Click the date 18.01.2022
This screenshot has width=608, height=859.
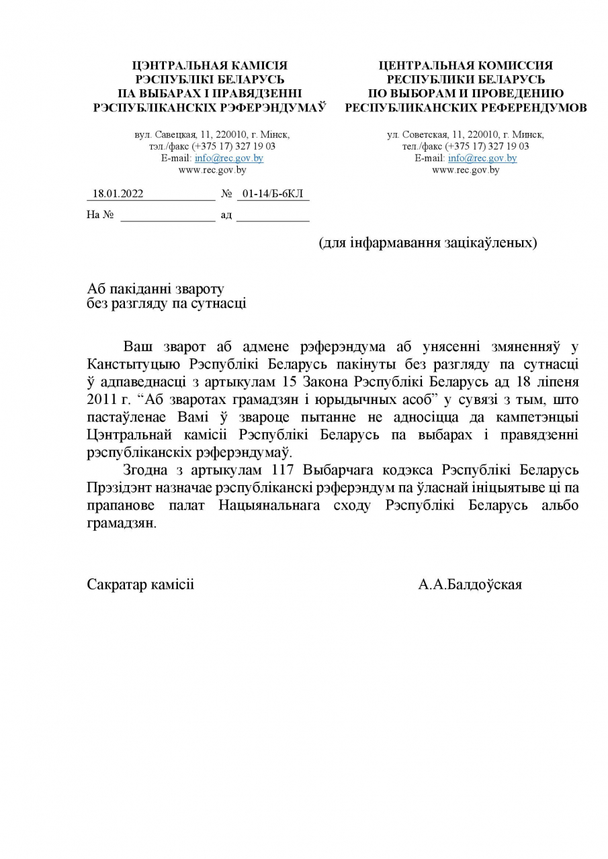click(118, 194)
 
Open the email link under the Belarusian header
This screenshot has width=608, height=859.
click(228, 158)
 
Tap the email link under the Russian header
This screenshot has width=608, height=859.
click(482, 158)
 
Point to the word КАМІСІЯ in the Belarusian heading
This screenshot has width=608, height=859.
click(259, 65)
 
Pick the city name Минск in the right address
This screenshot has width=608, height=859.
click(530, 134)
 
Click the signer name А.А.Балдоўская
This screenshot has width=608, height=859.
click(470, 585)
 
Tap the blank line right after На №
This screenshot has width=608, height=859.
click(167, 215)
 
